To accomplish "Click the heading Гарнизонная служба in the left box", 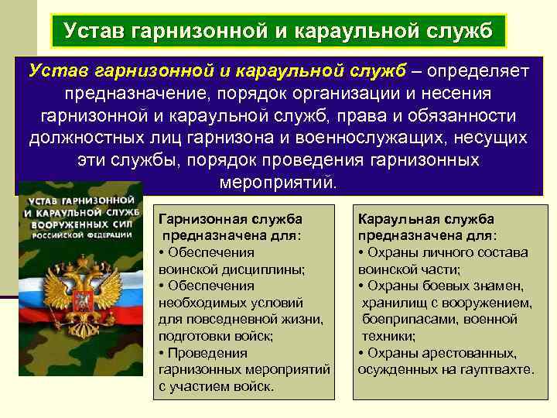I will point(230,219).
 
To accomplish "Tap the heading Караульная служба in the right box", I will point(426,219).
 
